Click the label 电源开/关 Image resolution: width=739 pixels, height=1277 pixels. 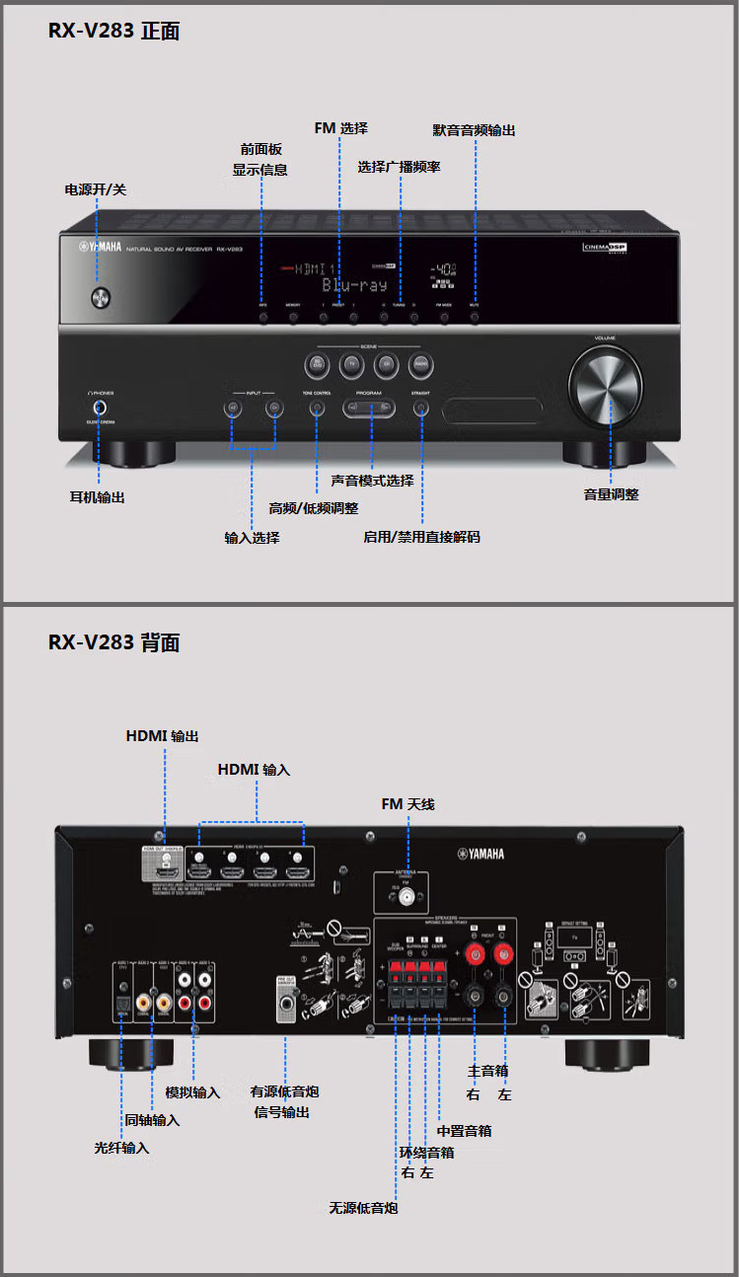96,188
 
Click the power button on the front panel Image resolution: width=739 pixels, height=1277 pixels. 100,296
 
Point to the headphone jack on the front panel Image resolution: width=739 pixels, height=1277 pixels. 100,407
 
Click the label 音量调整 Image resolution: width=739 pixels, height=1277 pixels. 611,494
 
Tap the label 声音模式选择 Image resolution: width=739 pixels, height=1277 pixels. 372,481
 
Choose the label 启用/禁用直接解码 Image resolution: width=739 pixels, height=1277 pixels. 421,537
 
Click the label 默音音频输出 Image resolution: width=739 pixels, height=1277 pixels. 474,130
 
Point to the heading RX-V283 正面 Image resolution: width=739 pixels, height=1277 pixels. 114,31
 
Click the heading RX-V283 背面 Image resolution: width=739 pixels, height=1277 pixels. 114,642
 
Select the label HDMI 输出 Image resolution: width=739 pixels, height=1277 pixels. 162,736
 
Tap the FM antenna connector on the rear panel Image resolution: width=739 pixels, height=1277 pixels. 406,899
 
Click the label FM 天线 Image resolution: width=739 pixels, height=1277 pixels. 407,804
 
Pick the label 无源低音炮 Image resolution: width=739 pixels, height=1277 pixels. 363,1208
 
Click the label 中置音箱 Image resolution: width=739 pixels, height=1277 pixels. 464,1131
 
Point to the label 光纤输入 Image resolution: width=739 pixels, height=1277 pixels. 121,1148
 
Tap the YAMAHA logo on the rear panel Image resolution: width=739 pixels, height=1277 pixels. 480,854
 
